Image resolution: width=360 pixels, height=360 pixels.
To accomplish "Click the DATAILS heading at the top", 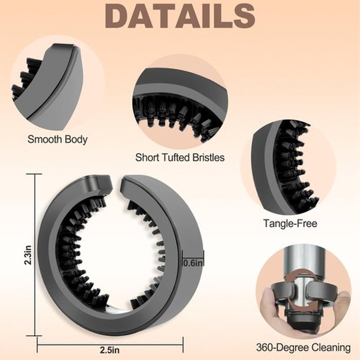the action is coord(180,16).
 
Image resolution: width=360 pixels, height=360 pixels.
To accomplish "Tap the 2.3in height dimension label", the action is coord(28,255).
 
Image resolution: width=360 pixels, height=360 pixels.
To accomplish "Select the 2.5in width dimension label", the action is coord(109,350).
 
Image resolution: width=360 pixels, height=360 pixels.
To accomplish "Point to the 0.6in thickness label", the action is coord(193,263).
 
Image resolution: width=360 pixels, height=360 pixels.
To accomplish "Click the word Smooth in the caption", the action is coord(45,139).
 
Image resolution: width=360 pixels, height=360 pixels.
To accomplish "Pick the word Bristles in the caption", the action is coord(208,157).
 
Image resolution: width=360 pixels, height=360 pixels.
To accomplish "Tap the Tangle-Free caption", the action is coord(290,223).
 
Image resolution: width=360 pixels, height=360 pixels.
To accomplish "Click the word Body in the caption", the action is coord(76,139).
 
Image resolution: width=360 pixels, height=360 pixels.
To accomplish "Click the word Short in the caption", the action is coord(147,157).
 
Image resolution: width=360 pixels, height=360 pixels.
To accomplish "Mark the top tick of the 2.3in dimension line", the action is coord(35,174).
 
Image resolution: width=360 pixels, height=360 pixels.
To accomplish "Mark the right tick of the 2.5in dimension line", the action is coord(183,344).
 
